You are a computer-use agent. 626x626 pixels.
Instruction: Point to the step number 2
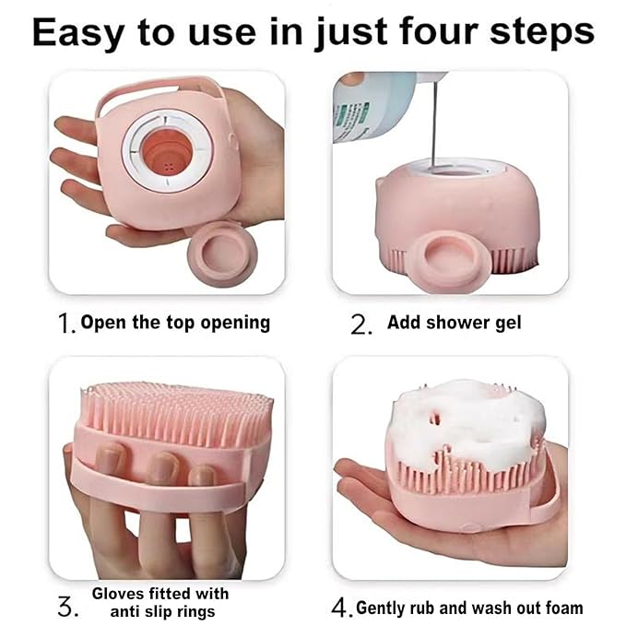360,323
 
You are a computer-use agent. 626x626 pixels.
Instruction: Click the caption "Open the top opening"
175,323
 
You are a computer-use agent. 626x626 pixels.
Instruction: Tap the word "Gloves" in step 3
118,593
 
